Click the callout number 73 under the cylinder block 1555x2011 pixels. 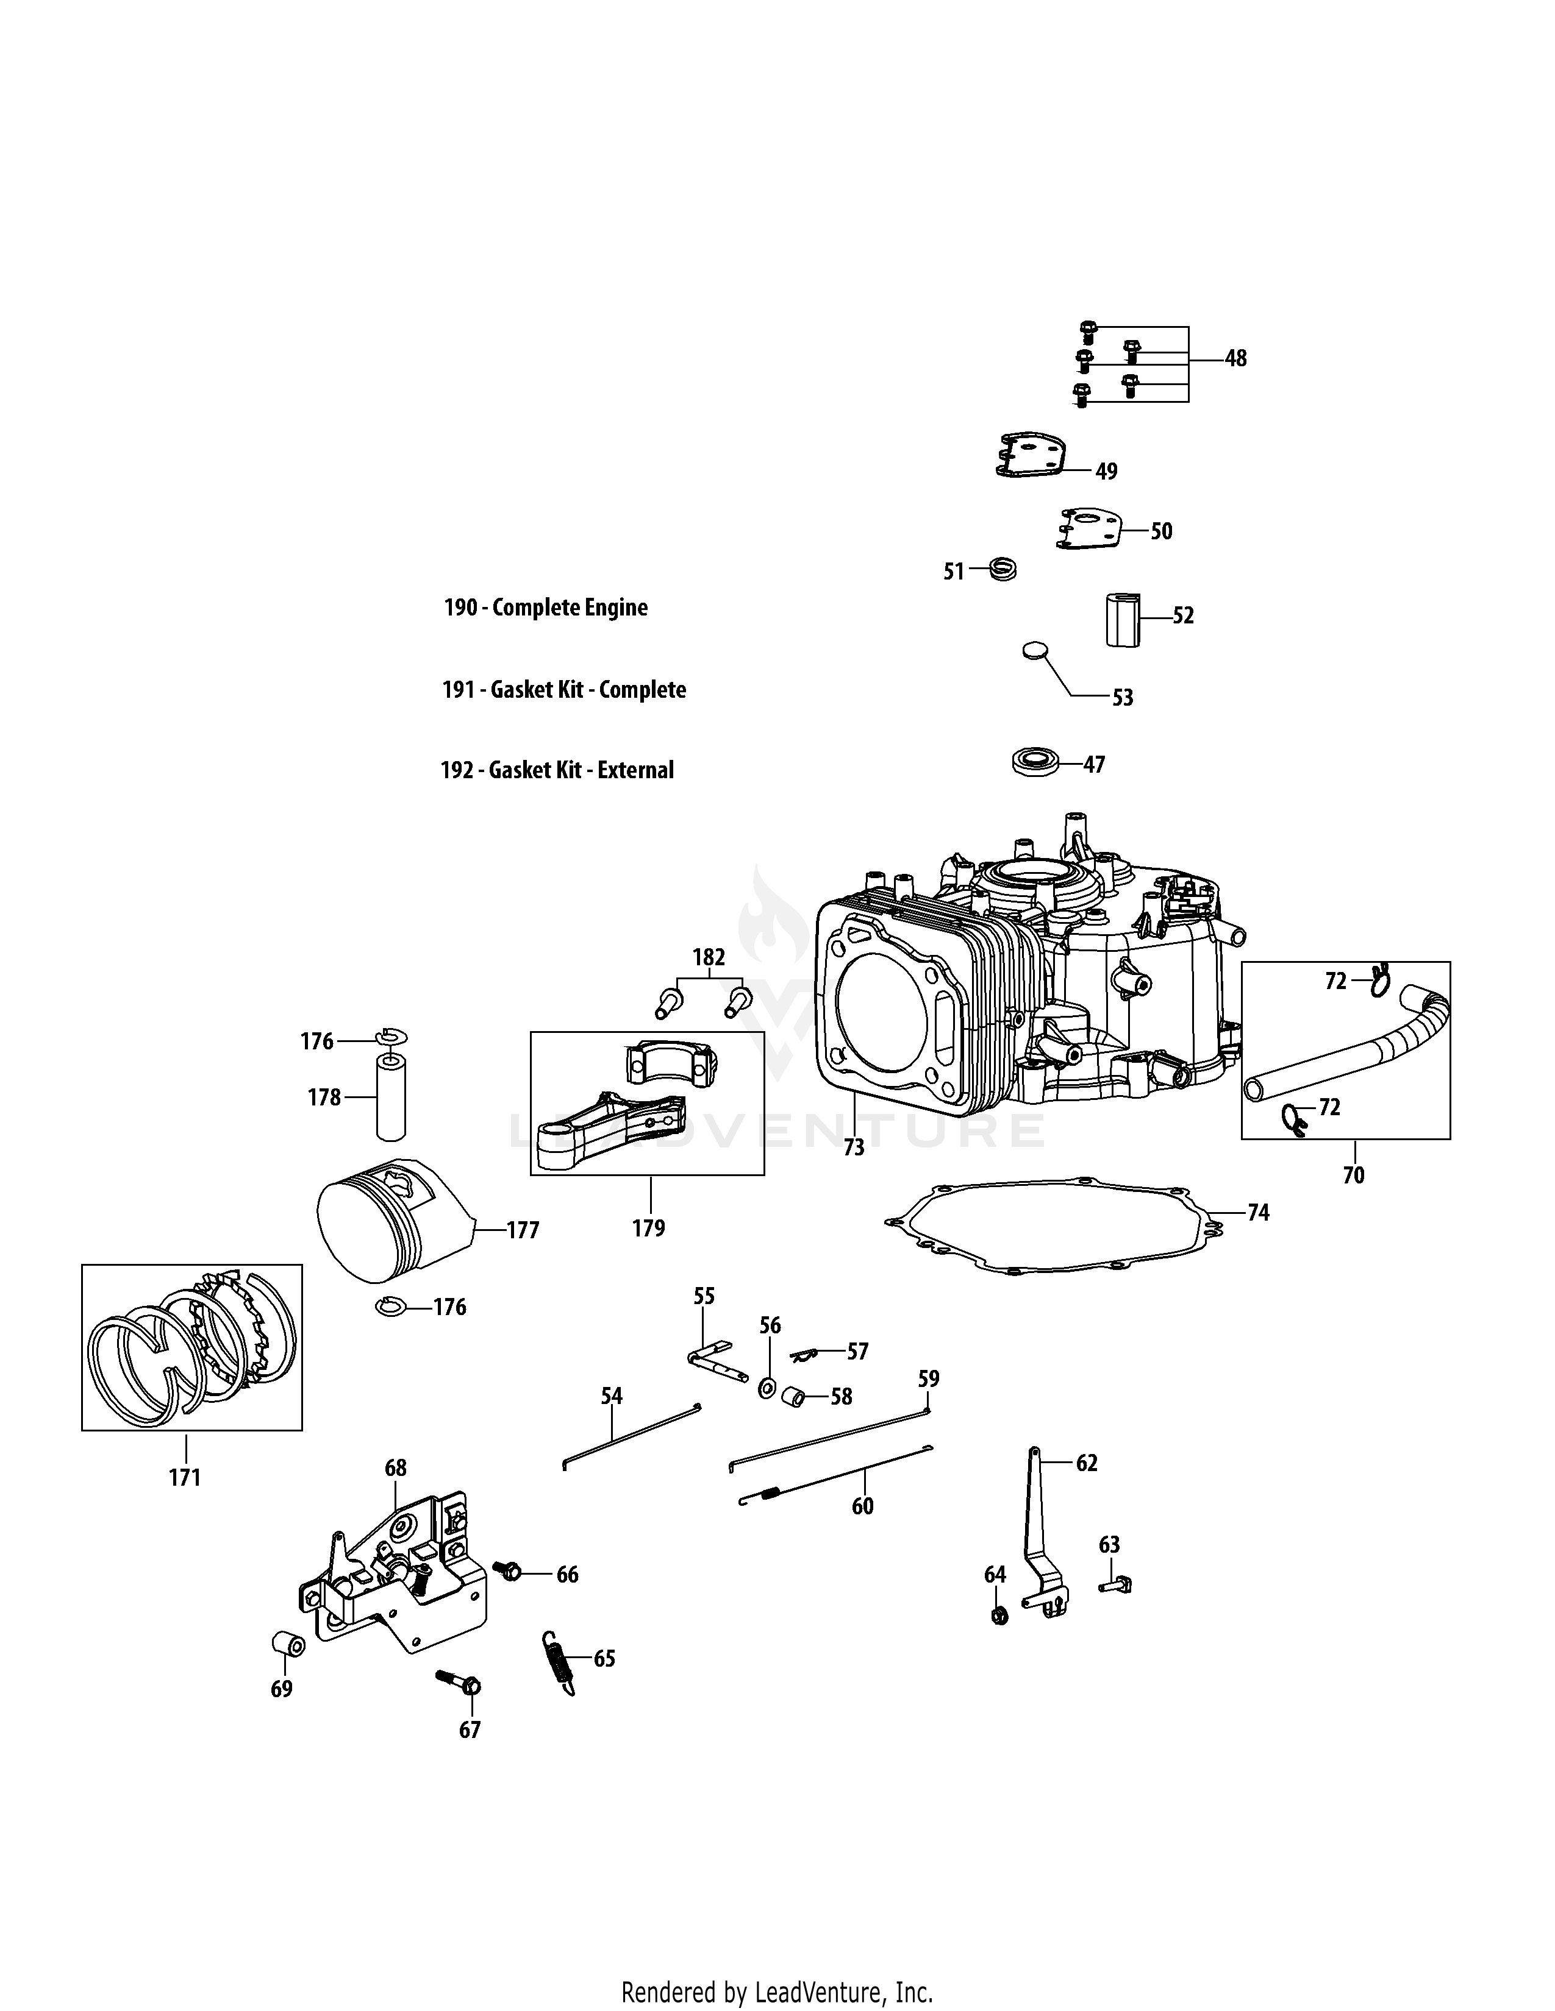pos(853,1147)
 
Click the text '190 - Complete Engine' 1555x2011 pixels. pos(545,608)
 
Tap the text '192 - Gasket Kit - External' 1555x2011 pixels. pos(556,770)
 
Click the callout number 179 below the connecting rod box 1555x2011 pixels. pos(649,1227)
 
